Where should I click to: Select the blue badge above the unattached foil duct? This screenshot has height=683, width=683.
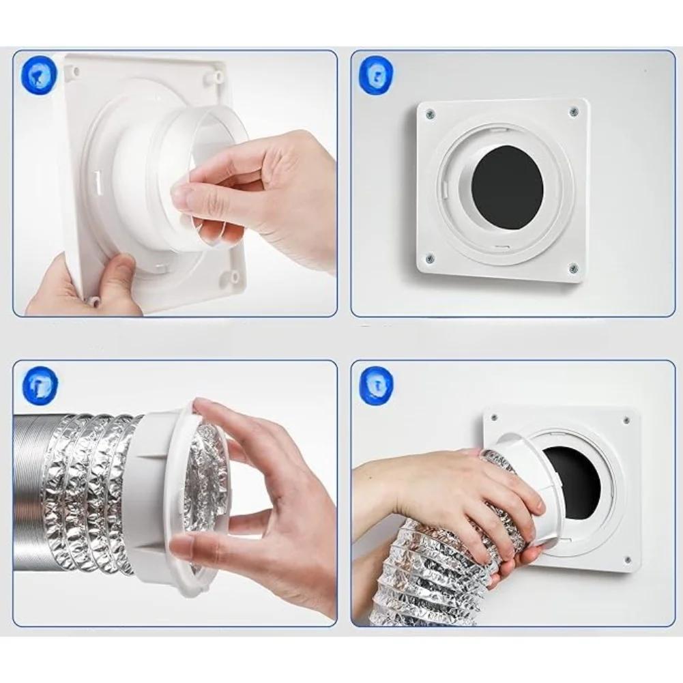click(x=40, y=384)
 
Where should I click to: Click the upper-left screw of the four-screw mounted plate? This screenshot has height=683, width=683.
click(x=430, y=114)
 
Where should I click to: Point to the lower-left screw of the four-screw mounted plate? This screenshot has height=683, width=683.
click(x=429, y=259)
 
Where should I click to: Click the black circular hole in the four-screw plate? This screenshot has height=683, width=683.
click(x=508, y=187)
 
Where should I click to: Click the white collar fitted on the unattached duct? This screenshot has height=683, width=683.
click(x=160, y=498)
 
